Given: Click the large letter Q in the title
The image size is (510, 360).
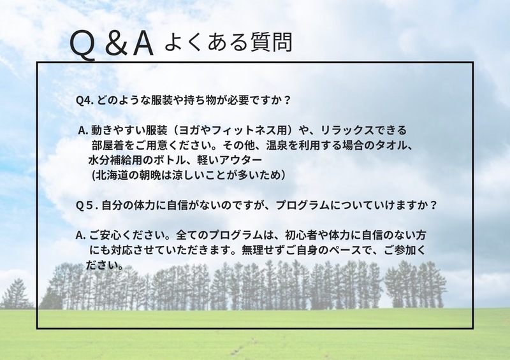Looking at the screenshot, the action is (83, 46).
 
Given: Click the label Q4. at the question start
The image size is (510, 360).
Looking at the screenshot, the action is (85, 100).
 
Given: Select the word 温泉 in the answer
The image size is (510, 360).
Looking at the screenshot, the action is (277, 145).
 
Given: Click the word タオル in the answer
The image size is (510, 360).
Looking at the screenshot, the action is (391, 145).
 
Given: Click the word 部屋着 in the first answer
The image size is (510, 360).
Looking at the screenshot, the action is (108, 145).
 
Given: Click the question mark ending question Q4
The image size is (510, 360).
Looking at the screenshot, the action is (286, 100).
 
